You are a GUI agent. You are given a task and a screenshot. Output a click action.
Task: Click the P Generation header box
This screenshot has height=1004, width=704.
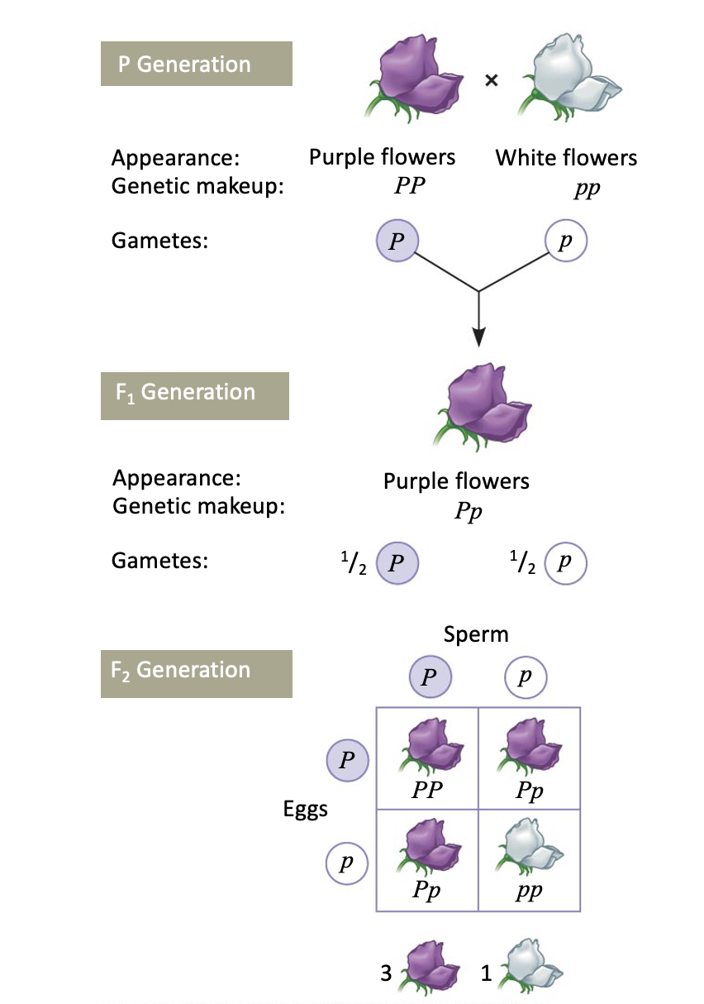196,64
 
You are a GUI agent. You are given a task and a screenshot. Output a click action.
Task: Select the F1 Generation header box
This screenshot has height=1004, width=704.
195,393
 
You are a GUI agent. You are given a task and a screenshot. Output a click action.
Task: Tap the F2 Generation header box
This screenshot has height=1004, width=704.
196,672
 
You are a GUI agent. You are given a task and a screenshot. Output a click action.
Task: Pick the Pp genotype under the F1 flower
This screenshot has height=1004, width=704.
469,510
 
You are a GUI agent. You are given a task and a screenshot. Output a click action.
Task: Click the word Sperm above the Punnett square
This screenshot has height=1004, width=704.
476,634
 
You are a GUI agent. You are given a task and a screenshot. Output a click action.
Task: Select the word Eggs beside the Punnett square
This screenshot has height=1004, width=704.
306,809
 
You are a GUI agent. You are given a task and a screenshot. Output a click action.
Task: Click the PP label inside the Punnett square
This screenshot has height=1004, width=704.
427,790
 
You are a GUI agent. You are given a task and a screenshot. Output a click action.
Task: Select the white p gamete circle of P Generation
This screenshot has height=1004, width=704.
566,242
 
